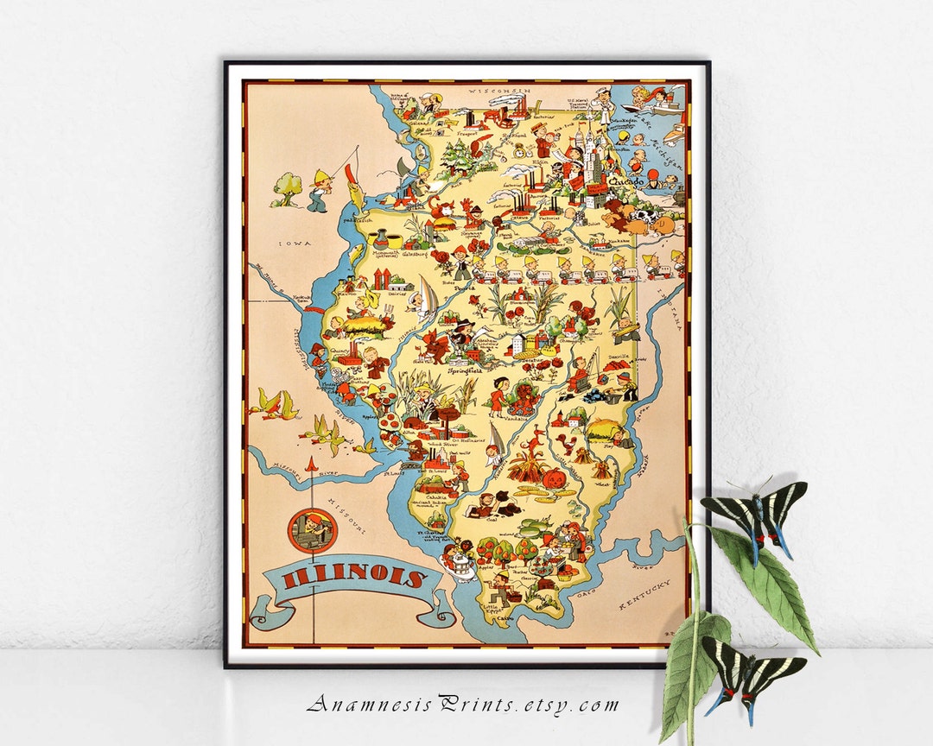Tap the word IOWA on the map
[293, 244]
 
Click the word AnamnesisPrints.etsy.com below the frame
[463, 704]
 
